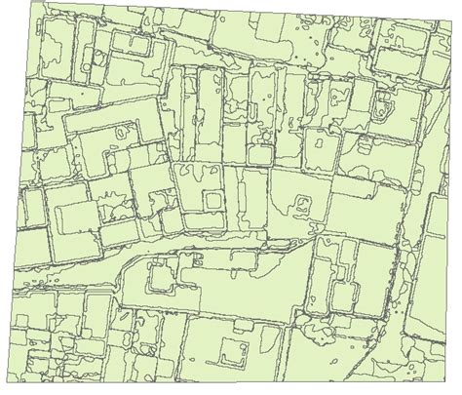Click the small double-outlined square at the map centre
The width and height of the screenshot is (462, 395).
[x=212, y=199]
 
